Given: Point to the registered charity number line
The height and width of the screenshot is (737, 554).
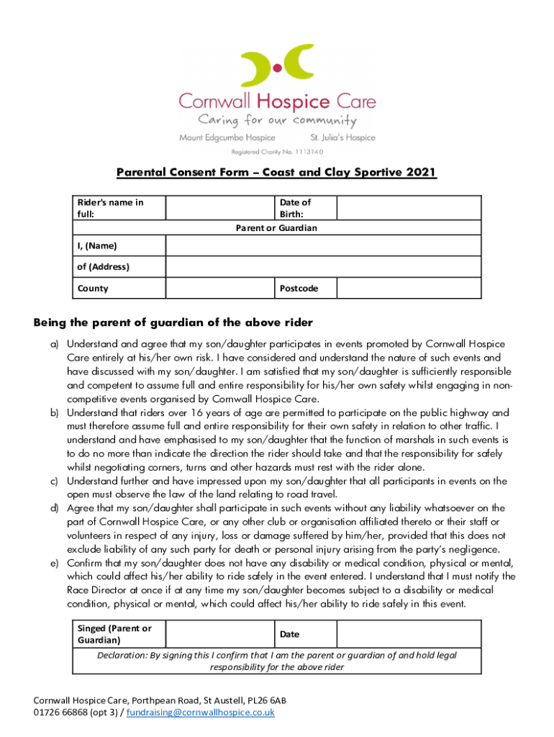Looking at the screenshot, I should (277, 152).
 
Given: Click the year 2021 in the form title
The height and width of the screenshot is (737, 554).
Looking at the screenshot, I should (421, 173).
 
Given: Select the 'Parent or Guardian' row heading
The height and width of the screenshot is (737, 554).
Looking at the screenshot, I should (277, 228).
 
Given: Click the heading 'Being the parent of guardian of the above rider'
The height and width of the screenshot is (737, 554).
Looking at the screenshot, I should (173, 322).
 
